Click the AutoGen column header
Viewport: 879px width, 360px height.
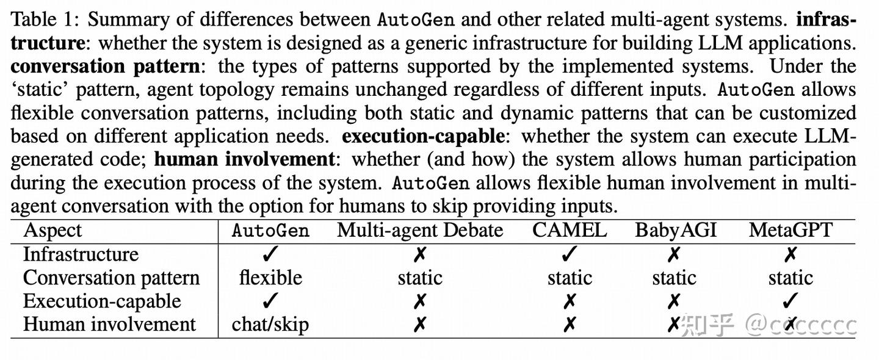[x=270, y=231]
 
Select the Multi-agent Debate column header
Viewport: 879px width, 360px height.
[x=420, y=231]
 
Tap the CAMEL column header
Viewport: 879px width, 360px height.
[x=569, y=231]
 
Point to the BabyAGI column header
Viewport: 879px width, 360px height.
[x=675, y=231]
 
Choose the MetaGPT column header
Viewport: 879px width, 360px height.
[x=790, y=231]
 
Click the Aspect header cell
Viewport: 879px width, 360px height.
[x=52, y=231]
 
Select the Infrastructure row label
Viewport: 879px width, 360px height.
[x=81, y=254]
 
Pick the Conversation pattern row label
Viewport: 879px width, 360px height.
[x=111, y=278]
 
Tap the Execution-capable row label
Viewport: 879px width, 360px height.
[x=102, y=301]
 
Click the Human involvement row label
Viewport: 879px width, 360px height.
[x=109, y=325]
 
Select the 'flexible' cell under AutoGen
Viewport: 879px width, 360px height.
[x=270, y=278]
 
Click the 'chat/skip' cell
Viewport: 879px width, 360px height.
[x=270, y=325]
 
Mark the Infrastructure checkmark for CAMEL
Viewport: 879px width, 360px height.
[x=569, y=254]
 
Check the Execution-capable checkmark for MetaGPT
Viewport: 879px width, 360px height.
[x=790, y=301]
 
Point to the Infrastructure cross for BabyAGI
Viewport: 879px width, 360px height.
[x=674, y=254]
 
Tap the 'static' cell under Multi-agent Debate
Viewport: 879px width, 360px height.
[x=420, y=278]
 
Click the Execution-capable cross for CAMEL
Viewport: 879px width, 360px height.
[x=569, y=301]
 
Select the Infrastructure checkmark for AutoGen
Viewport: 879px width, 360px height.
[x=270, y=254]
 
